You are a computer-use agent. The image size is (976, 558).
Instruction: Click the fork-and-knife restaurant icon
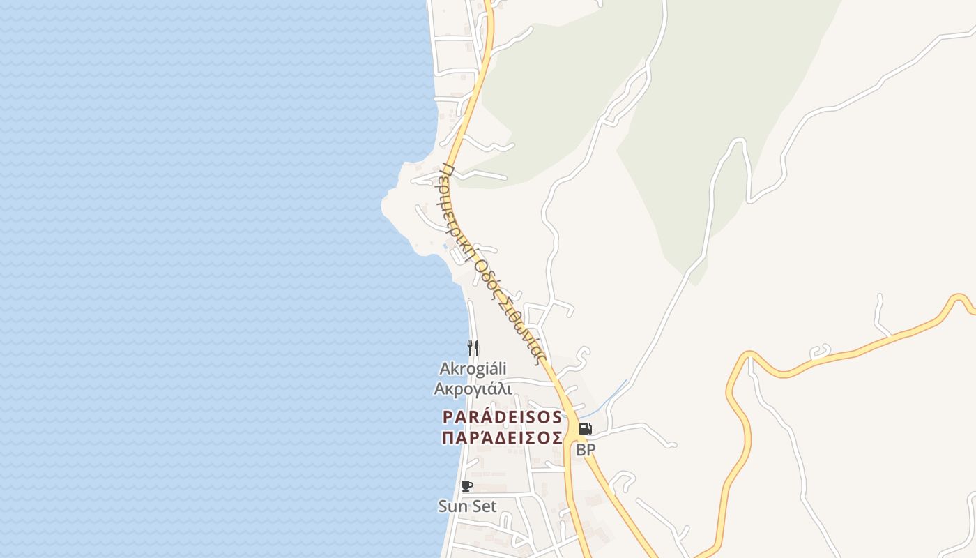point(473,347)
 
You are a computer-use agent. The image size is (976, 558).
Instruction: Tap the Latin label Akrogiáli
point(473,368)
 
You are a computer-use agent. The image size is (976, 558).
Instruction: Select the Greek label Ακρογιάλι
point(473,389)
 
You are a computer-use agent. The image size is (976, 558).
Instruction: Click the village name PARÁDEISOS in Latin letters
point(502,417)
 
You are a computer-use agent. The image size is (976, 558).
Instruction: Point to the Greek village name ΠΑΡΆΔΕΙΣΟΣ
point(502,437)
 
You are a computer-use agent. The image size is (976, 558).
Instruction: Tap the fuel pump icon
point(585,429)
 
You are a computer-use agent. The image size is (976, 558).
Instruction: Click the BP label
point(586,450)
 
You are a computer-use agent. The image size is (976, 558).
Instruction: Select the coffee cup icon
point(466,485)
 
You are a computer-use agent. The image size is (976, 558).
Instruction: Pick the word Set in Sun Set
point(483,506)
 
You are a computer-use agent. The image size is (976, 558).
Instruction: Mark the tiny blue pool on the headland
point(445,246)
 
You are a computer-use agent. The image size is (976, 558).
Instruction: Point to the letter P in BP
point(590,450)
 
